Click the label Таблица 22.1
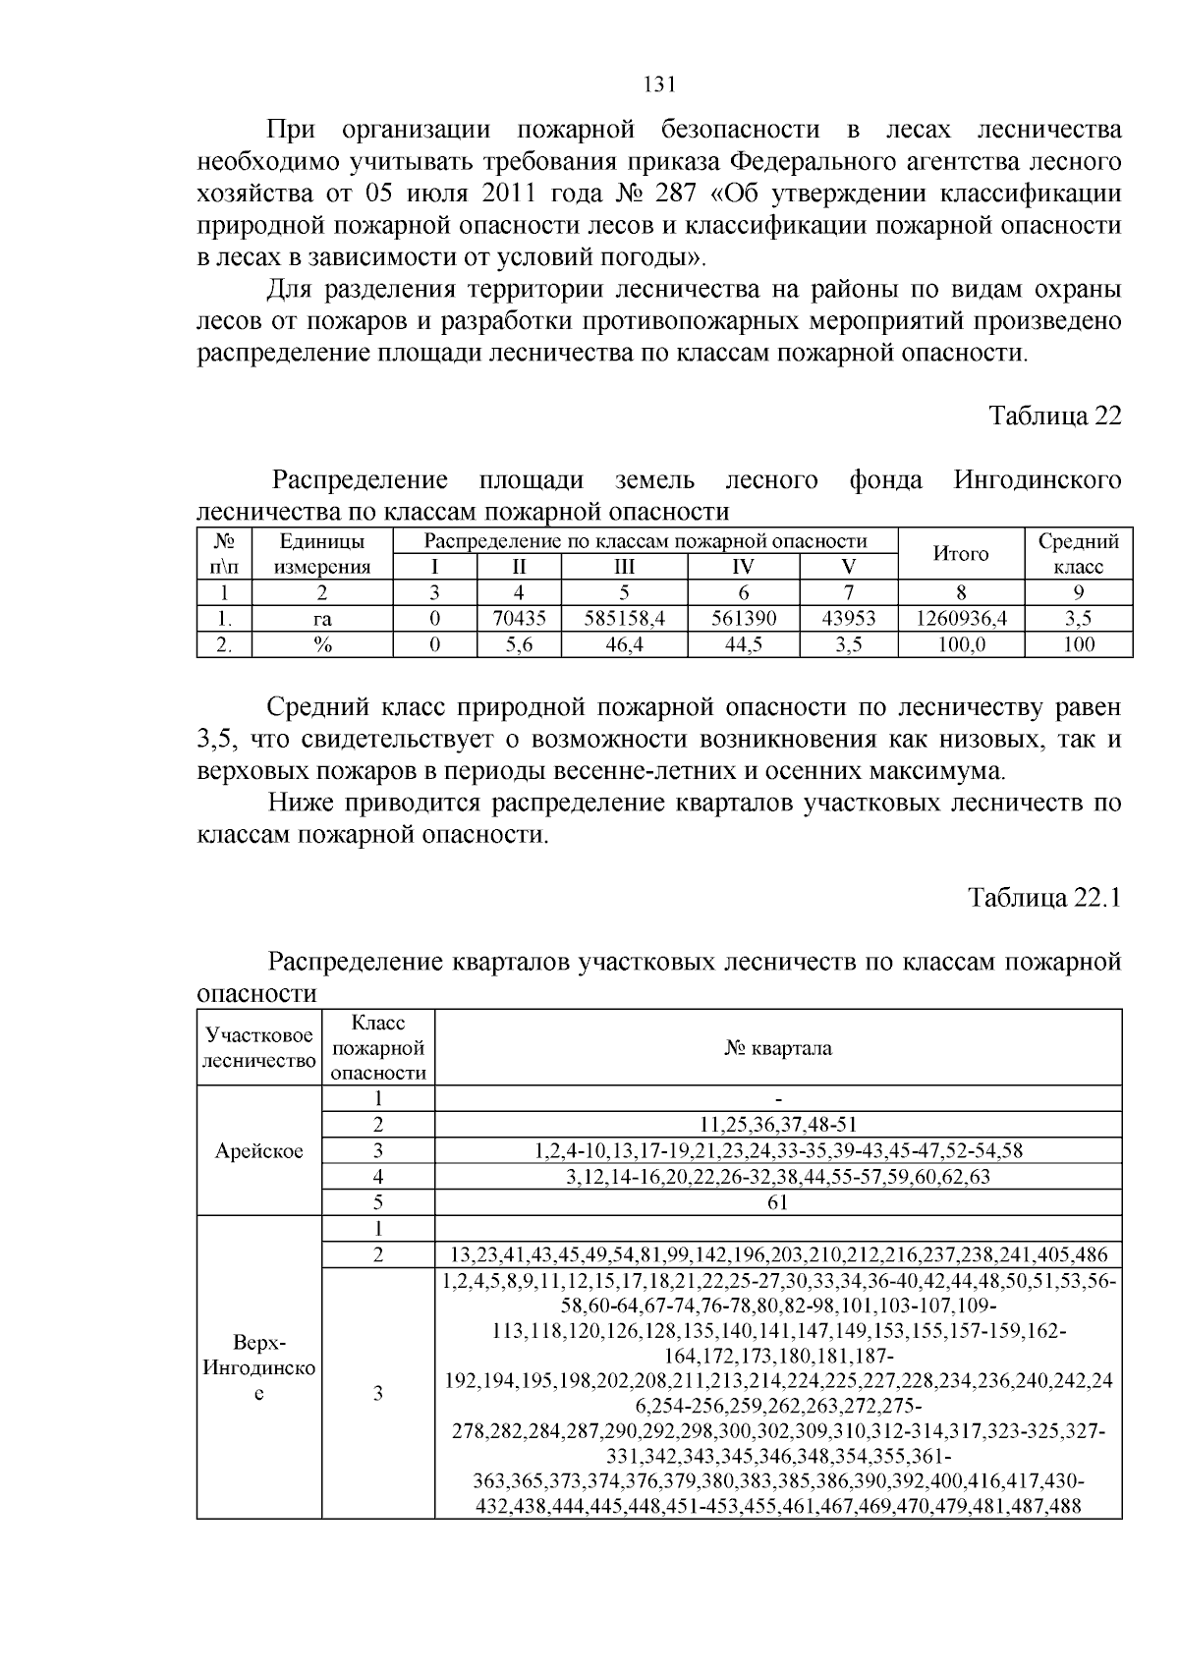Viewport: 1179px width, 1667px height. [x=1044, y=898]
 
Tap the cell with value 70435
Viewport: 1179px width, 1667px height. [x=519, y=619]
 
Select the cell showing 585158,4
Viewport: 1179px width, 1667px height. [x=624, y=619]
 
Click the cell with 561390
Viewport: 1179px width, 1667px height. [x=744, y=619]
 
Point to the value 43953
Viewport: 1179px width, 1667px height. [x=849, y=619]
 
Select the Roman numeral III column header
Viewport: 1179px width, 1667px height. [x=624, y=567]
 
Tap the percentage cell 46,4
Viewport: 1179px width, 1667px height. [x=624, y=644]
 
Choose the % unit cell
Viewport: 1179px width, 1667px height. [x=322, y=644]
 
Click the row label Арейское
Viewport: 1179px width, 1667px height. [x=259, y=1150]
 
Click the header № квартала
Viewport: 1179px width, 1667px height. [x=777, y=1048]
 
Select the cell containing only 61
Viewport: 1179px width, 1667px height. [x=777, y=1202]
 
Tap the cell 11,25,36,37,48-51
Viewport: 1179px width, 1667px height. [x=777, y=1125]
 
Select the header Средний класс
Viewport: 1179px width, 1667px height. [x=1078, y=554]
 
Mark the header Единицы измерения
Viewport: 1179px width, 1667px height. [x=322, y=554]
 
